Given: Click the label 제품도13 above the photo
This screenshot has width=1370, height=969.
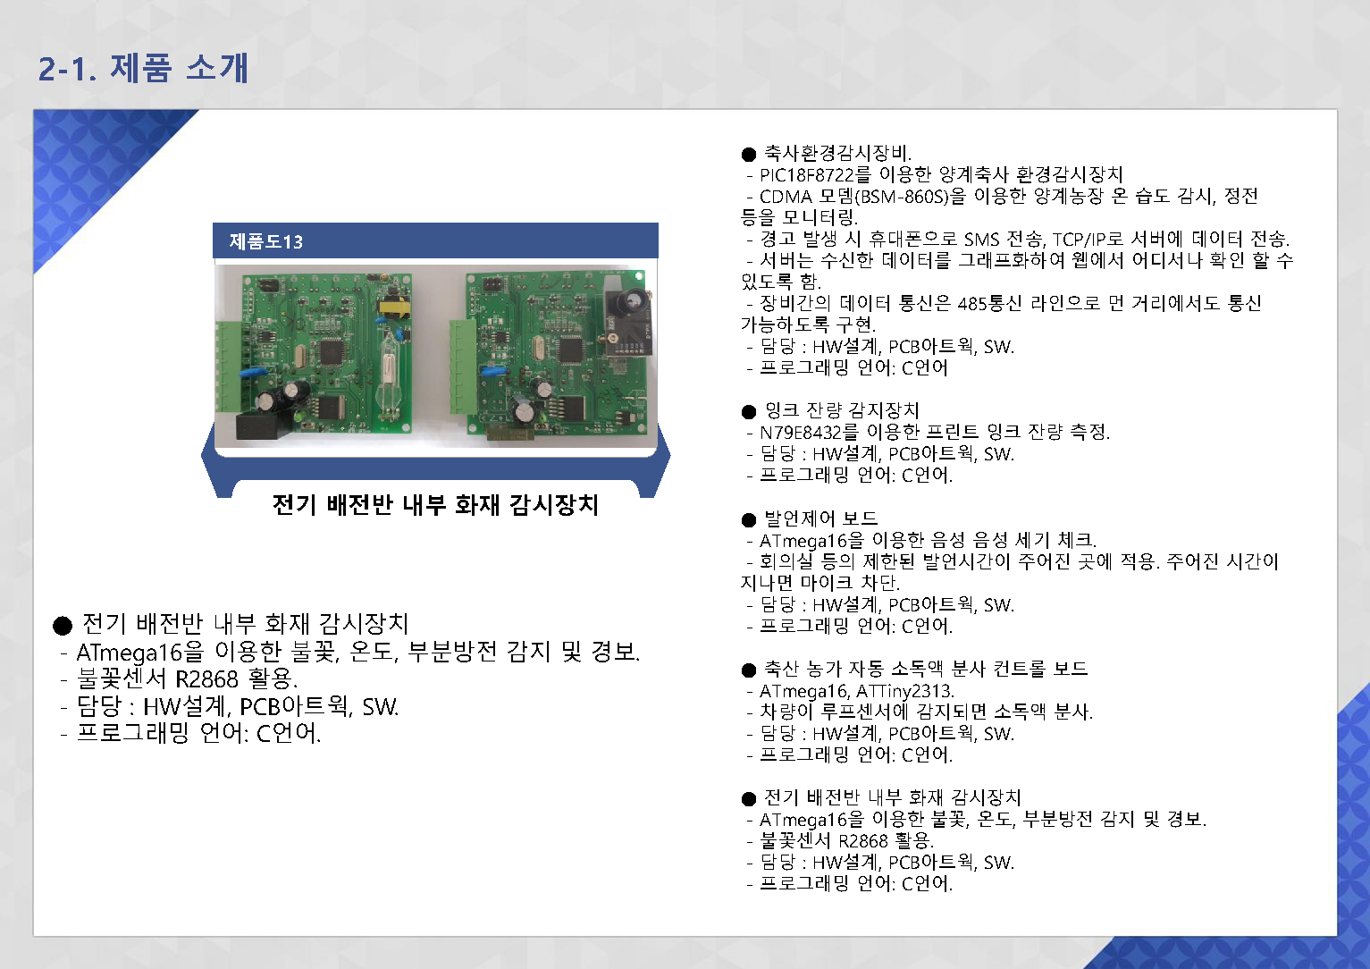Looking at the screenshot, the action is click(266, 241).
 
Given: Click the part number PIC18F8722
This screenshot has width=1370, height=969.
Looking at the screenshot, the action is click(806, 175).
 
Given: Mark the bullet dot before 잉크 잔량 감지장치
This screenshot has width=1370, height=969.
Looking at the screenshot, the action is click(749, 412).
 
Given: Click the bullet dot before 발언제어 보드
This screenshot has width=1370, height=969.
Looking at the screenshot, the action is click(749, 520).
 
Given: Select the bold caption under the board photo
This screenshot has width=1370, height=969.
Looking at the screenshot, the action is click(435, 505).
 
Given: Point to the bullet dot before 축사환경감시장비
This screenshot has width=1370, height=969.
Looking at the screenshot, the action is click(749, 154).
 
